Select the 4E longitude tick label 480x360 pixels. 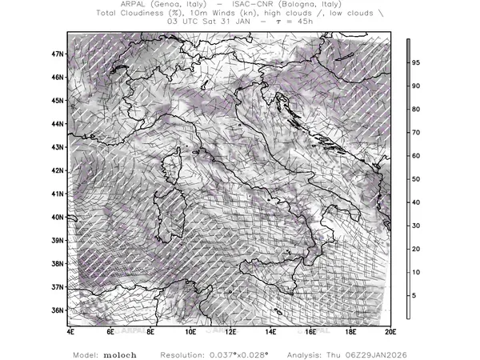(x=70, y=330)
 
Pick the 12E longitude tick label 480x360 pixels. (x=230, y=330)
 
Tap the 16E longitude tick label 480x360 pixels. (x=310, y=330)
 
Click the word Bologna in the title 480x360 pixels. (x=302, y=5)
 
